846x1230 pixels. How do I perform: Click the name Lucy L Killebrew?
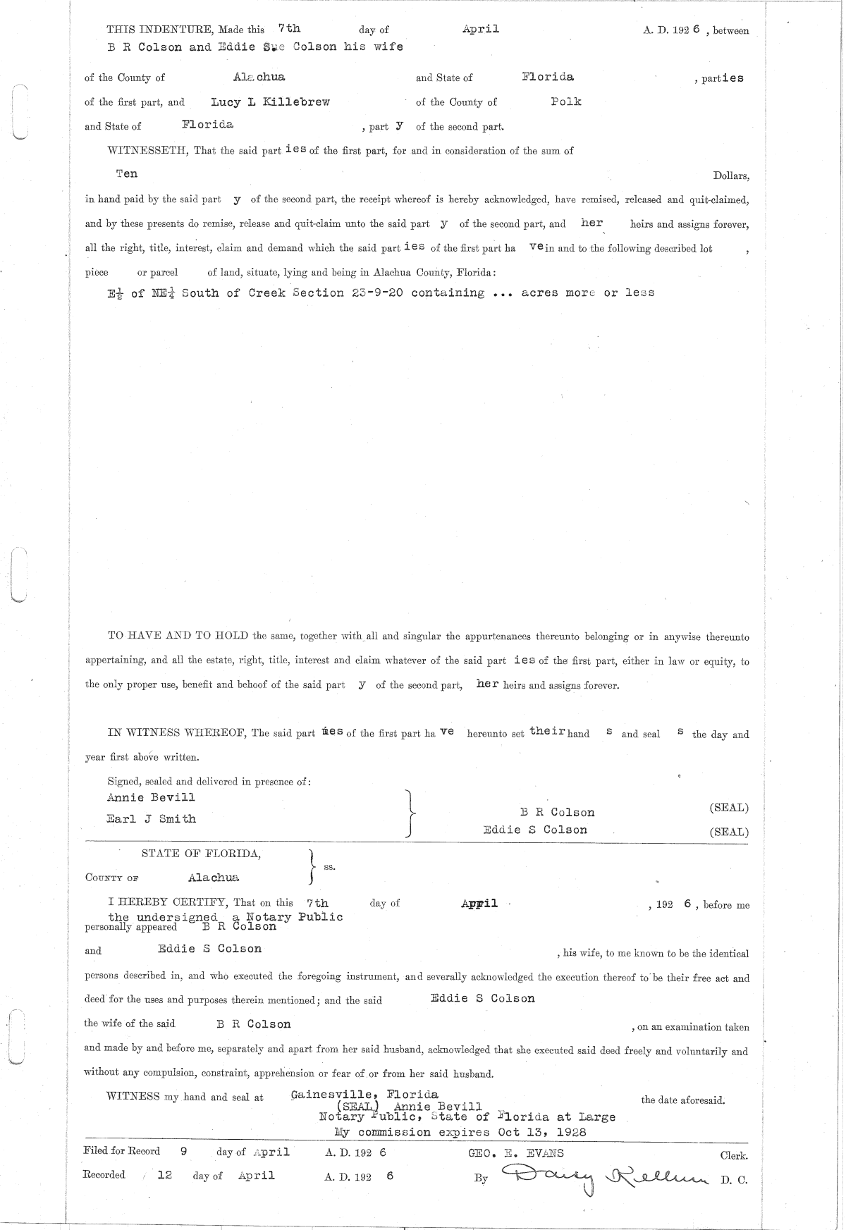coord(270,102)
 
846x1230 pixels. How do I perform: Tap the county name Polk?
coord(566,102)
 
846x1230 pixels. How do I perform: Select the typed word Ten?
coord(127,173)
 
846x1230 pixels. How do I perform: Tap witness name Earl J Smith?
coord(151,819)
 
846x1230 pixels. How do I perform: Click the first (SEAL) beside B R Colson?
coord(729,808)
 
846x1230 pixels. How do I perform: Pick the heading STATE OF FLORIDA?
coord(201,854)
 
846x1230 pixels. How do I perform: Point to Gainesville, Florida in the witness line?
coord(364,1095)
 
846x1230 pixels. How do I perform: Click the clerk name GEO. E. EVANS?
coord(515,1154)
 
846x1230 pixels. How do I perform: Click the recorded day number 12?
coord(164,1176)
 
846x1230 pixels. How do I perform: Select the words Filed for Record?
coord(121,1151)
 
